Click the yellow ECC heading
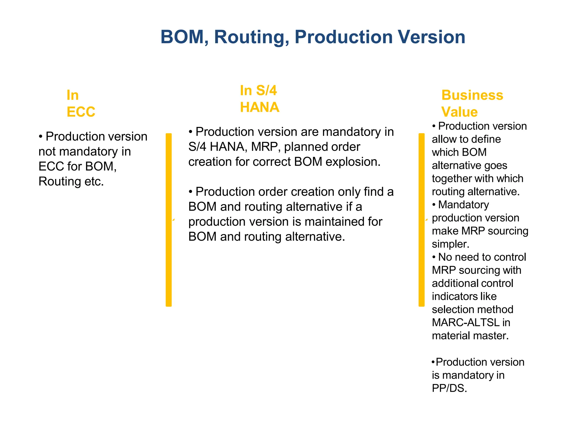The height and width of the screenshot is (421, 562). click(x=81, y=112)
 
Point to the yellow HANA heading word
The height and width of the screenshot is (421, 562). click(x=259, y=107)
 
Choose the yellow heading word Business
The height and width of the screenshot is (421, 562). click(x=472, y=95)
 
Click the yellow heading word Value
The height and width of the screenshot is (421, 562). click(x=459, y=112)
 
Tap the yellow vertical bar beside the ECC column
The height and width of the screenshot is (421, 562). click(x=168, y=220)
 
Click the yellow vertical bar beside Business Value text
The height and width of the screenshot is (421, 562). click(x=421, y=220)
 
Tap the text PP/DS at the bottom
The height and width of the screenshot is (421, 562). click(x=449, y=388)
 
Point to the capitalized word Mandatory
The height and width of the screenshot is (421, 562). click(x=463, y=205)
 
